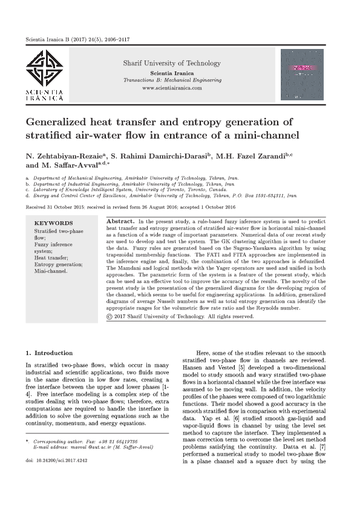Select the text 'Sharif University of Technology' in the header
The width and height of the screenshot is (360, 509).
coord(172,63)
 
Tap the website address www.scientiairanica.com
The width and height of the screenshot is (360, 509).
coord(172,88)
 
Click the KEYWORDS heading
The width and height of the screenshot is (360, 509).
coord(53,223)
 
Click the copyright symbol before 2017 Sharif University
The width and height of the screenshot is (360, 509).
coord(110,316)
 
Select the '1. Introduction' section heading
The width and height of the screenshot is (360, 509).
coord(49,352)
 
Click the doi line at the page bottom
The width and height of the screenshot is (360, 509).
coord(54,461)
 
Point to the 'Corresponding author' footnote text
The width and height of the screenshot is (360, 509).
coord(67,441)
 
